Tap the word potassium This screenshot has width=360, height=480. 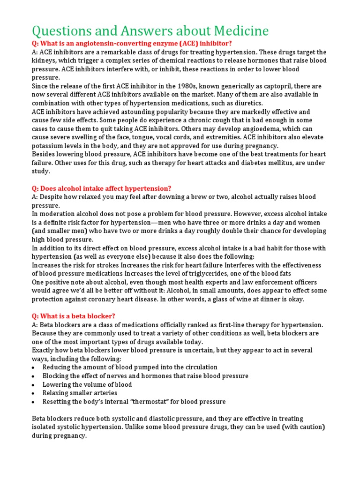click(49, 146)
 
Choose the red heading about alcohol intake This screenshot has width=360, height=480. click(101, 188)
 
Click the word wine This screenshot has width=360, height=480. click(243, 299)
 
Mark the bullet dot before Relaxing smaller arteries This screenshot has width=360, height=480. click(33, 393)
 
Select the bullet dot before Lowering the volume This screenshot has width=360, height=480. click(33, 385)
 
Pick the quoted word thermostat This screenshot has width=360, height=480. click(141, 402)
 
